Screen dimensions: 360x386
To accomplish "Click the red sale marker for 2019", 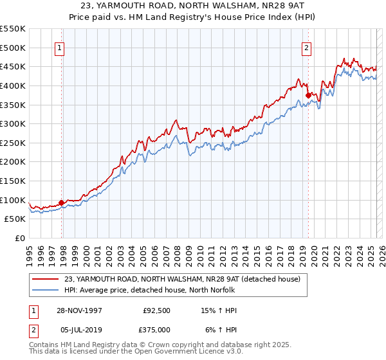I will click(308, 96).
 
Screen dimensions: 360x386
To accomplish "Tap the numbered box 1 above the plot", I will click(59, 47).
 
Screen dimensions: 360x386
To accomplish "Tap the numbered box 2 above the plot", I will click(306, 47).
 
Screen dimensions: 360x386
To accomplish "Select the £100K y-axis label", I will click(14, 200).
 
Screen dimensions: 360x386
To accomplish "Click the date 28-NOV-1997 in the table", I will click(78, 311).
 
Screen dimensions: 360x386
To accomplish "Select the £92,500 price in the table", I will click(156, 311).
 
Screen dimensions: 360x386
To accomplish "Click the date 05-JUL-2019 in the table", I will click(77, 329).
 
